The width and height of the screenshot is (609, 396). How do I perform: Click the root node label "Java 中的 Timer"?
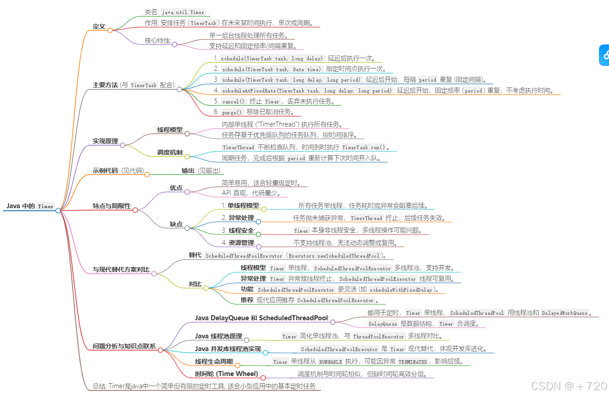(30, 206)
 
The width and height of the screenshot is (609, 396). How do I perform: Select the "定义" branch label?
(99, 26)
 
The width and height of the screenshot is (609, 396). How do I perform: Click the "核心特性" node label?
(157, 40)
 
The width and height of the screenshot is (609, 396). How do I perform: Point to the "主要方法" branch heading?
(105, 85)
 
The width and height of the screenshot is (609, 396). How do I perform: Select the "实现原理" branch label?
(105, 141)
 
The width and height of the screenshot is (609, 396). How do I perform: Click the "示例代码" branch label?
(105, 171)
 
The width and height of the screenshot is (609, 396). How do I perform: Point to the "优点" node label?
(176, 187)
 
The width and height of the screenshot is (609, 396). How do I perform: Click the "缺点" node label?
(176, 224)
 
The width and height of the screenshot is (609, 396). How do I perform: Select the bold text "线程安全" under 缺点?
(241, 230)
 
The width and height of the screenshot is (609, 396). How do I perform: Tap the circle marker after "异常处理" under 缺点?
(258, 222)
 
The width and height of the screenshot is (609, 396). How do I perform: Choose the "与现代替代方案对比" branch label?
(121, 269)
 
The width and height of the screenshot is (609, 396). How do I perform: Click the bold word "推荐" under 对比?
(247, 300)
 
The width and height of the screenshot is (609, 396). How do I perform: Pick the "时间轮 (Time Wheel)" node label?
(226, 374)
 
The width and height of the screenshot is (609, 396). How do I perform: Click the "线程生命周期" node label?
(214, 362)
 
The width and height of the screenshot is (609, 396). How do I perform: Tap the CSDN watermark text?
(569, 386)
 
